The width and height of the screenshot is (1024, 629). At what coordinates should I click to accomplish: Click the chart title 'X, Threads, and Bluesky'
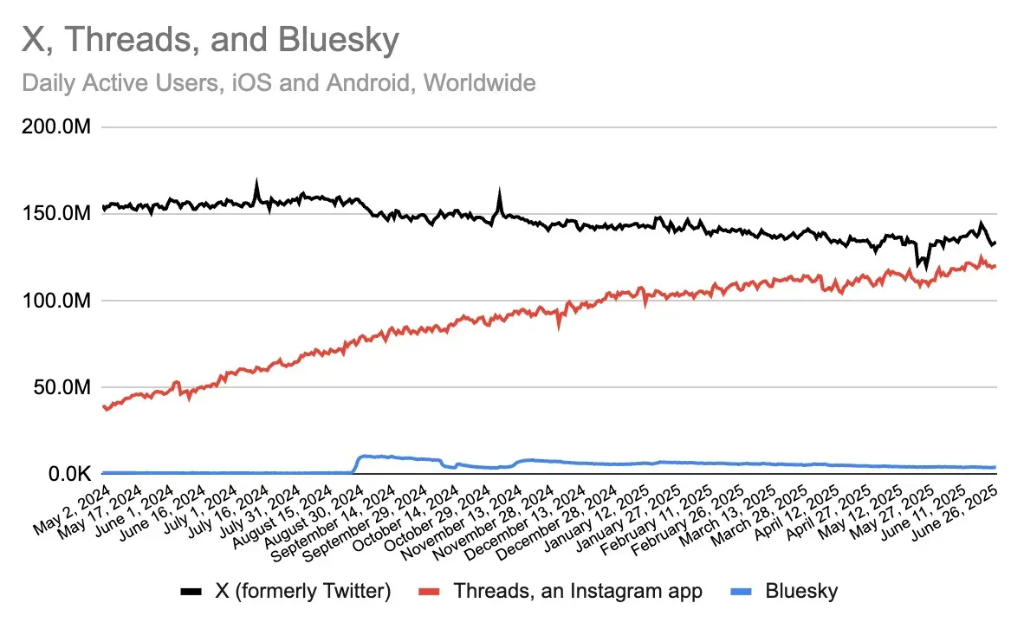[211, 40]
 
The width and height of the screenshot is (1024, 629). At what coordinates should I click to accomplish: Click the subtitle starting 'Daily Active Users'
[278, 83]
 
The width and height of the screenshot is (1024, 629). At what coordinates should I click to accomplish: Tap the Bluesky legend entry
[801, 592]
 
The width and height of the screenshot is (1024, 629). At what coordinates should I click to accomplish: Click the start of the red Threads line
[103, 405]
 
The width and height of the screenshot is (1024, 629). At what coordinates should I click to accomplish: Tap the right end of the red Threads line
[995, 266]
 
